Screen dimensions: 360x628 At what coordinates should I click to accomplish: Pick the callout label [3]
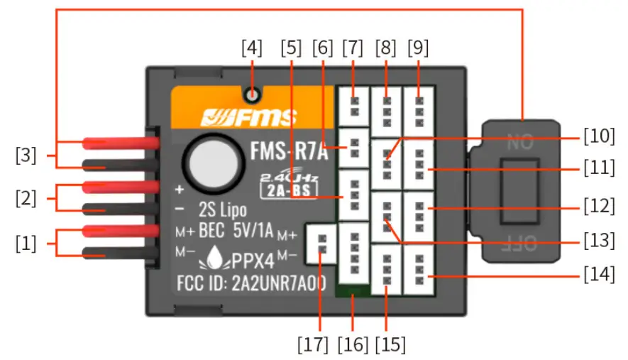[x=26, y=154]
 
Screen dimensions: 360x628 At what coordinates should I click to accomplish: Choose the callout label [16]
[x=353, y=345]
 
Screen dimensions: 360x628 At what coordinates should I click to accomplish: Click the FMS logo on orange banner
[x=248, y=116]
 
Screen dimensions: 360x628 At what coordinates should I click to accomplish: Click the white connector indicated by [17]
[x=321, y=243]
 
